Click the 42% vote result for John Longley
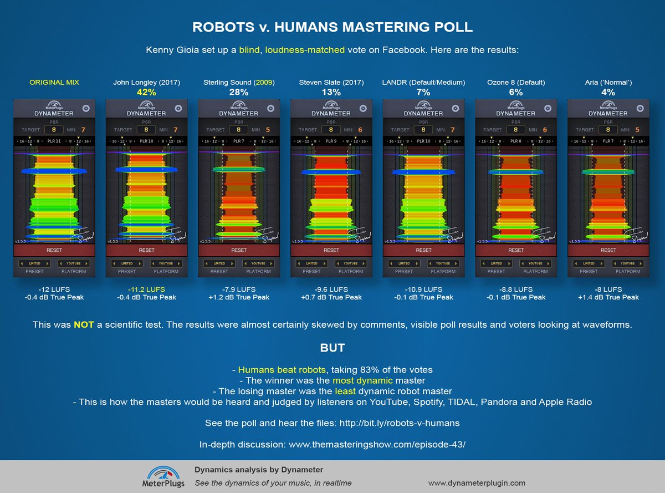[146, 93]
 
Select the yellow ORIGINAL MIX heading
[54, 83]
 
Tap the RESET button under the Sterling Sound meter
[239, 250]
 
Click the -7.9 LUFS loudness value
[239, 289]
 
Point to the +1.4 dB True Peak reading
[608, 297]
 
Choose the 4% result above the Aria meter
[608, 93]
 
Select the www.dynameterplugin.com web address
[477, 483]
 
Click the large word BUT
[332, 348]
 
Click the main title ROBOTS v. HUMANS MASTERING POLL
[332, 28]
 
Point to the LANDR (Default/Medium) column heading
[423, 83]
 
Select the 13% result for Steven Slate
[331, 93]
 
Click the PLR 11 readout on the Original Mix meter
[54, 141]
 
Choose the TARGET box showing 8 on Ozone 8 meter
[515, 130]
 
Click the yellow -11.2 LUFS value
[146, 289]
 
